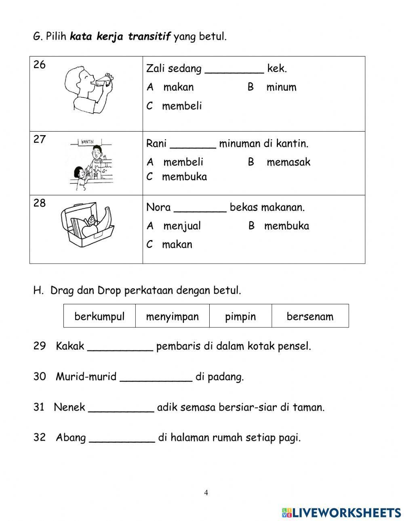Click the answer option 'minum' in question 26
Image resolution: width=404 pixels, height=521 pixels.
[x=281, y=87]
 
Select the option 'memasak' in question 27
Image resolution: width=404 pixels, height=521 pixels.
[x=288, y=162]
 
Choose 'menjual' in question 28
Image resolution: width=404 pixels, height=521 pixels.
[x=182, y=226]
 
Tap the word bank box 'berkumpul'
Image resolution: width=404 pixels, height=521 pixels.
[x=99, y=316]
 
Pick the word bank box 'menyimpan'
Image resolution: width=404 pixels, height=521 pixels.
[x=173, y=316]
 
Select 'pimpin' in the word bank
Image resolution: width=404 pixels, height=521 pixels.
[x=240, y=316]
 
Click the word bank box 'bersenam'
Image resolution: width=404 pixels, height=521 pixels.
[x=310, y=316]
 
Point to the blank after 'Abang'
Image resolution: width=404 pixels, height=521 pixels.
[x=122, y=439]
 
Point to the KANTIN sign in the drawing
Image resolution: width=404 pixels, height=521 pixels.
[x=88, y=142]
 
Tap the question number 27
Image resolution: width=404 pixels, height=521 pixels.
[x=40, y=140]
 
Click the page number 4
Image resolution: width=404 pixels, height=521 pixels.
[x=206, y=492]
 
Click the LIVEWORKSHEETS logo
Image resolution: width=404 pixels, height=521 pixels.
[x=341, y=512]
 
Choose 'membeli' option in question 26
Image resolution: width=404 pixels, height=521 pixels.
[x=181, y=106]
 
